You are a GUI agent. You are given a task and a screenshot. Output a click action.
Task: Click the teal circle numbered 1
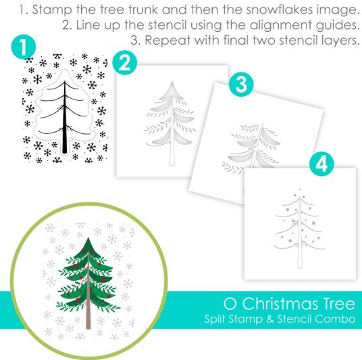click(24, 47)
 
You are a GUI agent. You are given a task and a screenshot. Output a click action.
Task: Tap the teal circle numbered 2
click(125, 62)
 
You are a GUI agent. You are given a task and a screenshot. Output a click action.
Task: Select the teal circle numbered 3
click(241, 84)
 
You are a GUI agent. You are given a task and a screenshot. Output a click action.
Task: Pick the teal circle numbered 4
click(321, 164)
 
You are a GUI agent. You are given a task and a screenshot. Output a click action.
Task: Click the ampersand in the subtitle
click(269, 319)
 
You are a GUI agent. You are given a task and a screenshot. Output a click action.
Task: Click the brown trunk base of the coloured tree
click(88, 321)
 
